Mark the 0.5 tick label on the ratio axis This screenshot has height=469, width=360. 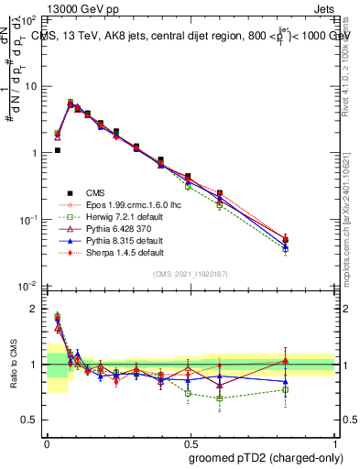click(31, 420)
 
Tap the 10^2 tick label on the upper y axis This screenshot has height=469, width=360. click(33, 18)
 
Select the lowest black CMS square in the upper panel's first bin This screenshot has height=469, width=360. click(57, 150)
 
